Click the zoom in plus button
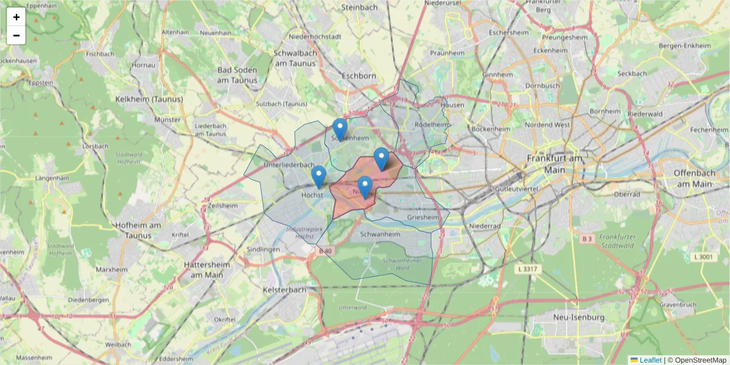point(16,17)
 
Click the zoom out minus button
point(16,35)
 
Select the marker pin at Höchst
point(318,176)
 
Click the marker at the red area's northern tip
point(381,158)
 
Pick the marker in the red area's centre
point(365,187)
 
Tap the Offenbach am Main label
point(692,178)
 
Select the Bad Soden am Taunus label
point(237,75)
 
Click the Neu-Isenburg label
point(579,318)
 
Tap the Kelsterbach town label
point(284,290)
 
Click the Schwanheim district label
point(381,234)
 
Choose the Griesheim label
point(423,217)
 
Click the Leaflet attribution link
point(650,360)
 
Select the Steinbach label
point(360,7)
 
